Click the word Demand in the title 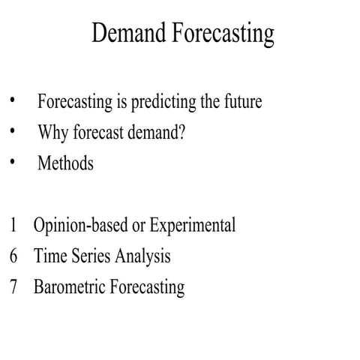coord(127,34)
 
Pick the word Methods coord(65,163)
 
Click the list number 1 coord(13,225)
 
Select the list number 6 coord(13,256)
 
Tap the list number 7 coord(13,287)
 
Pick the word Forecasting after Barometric coord(147,287)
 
